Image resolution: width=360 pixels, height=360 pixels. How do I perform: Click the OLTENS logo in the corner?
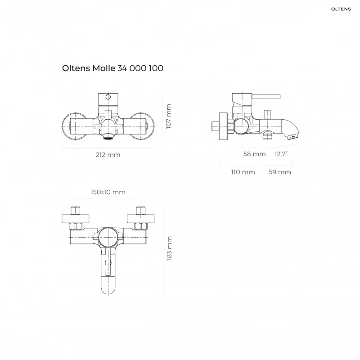(x=341, y=9)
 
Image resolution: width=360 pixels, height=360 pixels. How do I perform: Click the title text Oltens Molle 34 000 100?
(x=113, y=68)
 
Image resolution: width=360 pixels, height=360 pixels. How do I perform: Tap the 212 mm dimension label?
(x=108, y=155)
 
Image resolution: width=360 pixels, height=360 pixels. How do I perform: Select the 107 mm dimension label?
(x=169, y=117)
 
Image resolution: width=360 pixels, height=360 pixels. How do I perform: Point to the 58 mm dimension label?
(x=254, y=154)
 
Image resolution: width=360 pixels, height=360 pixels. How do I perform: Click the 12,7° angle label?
(x=281, y=154)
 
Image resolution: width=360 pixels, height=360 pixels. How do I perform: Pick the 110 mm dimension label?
(x=243, y=172)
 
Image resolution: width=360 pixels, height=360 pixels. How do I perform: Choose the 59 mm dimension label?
(x=280, y=172)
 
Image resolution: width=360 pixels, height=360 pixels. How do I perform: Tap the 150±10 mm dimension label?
(x=108, y=192)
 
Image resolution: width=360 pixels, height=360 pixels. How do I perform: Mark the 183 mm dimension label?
(x=169, y=248)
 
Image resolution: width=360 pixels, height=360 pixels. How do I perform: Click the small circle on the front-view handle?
(x=108, y=97)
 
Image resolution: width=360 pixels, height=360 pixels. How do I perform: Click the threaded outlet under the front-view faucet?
(x=108, y=137)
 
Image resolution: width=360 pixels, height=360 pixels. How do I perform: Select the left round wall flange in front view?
(x=74, y=126)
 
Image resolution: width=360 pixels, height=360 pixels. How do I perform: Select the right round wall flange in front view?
(x=142, y=126)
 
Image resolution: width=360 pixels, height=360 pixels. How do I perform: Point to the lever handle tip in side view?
(x=279, y=96)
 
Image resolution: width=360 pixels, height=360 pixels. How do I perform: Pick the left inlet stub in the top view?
(x=75, y=211)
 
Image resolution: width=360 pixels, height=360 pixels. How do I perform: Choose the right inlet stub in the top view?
(x=141, y=211)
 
